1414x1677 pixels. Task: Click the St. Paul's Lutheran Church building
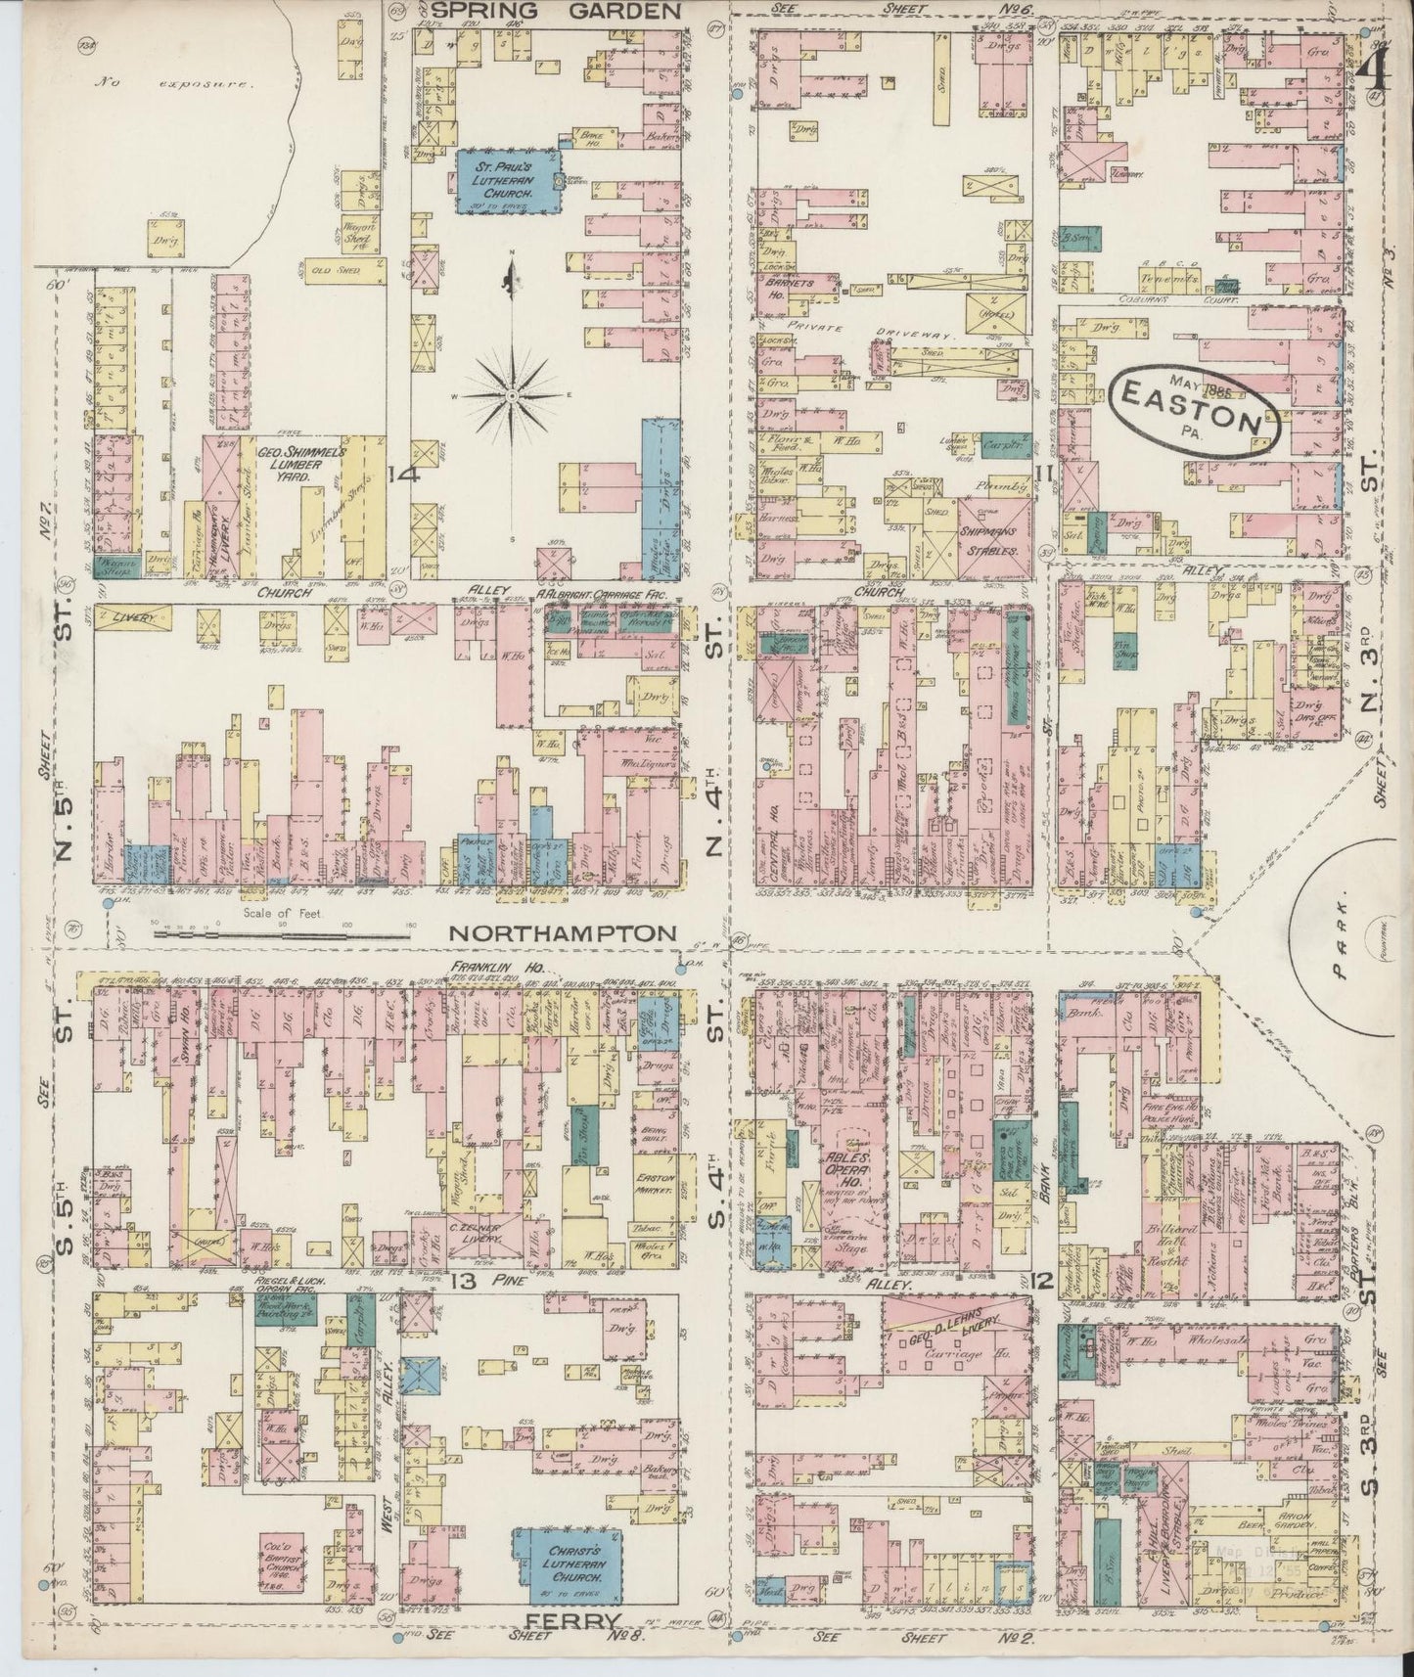pos(510,181)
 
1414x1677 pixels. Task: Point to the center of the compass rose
pos(512,395)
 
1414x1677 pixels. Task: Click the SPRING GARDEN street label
pos(556,12)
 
